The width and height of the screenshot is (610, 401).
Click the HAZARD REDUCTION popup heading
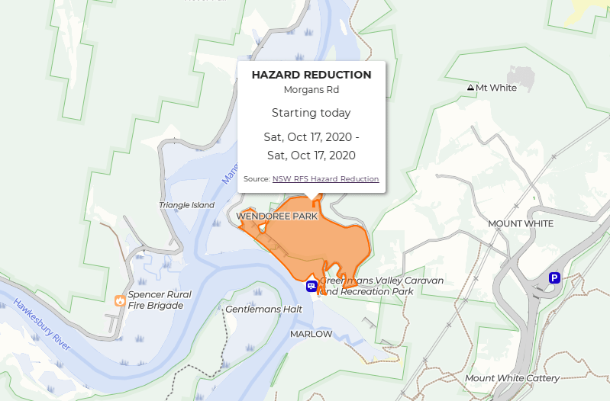311,75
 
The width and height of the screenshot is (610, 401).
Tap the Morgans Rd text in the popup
311,89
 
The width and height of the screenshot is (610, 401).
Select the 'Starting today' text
311,113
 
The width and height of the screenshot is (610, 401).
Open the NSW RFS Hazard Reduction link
325,179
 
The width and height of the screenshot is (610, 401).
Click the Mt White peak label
496,88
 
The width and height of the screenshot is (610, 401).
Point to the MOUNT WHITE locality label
521,223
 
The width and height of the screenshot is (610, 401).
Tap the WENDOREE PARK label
277,217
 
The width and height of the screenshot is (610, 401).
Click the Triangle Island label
187,205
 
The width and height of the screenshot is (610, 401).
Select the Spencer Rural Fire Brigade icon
120,300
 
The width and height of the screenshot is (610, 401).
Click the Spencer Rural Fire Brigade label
160,300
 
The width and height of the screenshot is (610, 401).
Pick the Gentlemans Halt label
264,309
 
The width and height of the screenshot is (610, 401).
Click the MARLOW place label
311,334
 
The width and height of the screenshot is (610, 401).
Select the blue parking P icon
555,279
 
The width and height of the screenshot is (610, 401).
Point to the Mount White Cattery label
512,378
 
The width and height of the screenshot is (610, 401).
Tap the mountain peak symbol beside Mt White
470,88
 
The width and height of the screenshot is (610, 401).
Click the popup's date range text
311,146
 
